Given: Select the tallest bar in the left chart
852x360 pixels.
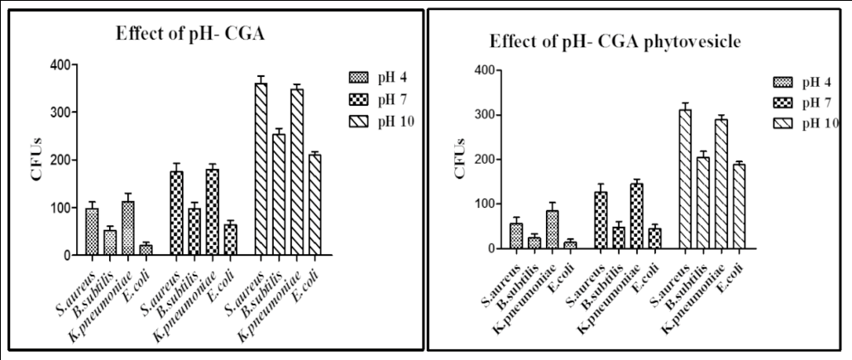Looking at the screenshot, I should click(x=261, y=170).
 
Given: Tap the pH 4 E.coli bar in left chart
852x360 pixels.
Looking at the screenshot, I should click(x=146, y=250).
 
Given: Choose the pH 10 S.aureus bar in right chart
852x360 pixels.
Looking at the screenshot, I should click(x=684, y=179).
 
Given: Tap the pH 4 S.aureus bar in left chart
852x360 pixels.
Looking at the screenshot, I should click(x=92, y=232).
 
